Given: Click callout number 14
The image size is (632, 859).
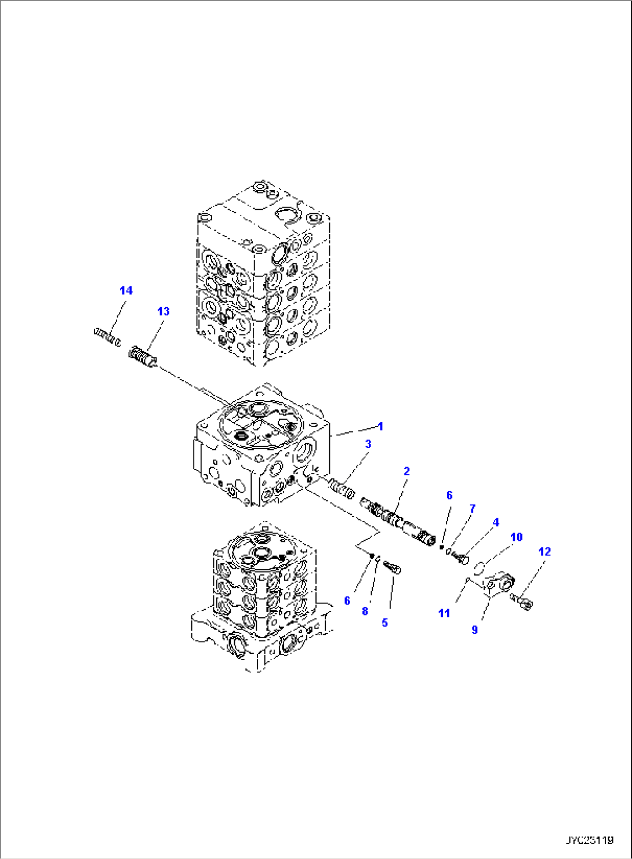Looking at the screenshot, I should pyautogui.click(x=126, y=290).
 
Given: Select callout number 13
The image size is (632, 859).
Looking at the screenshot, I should pyautogui.click(x=164, y=311).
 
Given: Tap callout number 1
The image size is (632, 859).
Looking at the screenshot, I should pyautogui.click(x=380, y=427).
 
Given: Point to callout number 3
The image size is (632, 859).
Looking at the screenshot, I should pyautogui.click(x=368, y=444).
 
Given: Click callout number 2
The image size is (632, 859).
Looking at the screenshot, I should pyautogui.click(x=406, y=471).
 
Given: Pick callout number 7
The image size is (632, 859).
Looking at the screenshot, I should pyautogui.click(x=473, y=508).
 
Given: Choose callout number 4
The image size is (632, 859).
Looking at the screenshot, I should pyautogui.click(x=496, y=522).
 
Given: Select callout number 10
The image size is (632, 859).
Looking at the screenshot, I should pyautogui.click(x=516, y=537).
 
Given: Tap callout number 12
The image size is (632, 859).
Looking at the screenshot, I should pyautogui.click(x=544, y=551).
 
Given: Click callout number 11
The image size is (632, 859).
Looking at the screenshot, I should pyautogui.click(x=444, y=613).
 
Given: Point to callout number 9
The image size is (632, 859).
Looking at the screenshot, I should pyautogui.click(x=475, y=629).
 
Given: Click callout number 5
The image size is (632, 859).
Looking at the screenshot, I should pyautogui.click(x=384, y=623).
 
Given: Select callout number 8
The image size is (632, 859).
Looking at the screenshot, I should pyautogui.click(x=365, y=611).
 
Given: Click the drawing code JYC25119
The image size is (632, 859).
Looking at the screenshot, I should pyautogui.click(x=589, y=840).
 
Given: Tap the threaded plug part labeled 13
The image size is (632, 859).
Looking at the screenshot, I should pyautogui.click(x=142, y=355).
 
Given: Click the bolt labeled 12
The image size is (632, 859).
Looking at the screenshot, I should pyautogui.click(x=522, y=602).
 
